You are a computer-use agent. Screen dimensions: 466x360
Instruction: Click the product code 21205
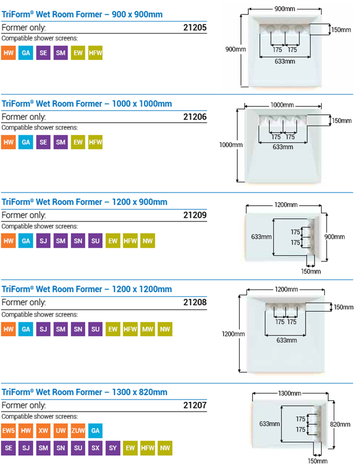pyautogui.click(x=194, y=28)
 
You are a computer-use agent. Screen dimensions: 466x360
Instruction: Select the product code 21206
pyautogui.click(x=194, y=117)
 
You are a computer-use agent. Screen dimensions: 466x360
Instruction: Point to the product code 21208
pyautogui.click(x=194, y=303)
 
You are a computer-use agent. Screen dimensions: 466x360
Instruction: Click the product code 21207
pyautogui.click(x=194, y=405)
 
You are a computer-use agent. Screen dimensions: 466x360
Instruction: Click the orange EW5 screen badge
pyautogui.click(x=8, y=430)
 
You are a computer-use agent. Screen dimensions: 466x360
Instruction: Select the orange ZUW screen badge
pyautogui.click(x=78, y=430)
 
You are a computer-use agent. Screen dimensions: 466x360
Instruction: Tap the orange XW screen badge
pyautogui.click(x=43, y=430)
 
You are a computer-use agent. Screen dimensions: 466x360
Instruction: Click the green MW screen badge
pyautogui.click(x=147, y=330)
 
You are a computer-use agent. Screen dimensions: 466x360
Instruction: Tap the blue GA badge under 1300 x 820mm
pyautogui.click(x=95, y=430)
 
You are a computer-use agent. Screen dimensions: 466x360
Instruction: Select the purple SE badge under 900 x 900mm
pyautogui.click(x=43, y=53)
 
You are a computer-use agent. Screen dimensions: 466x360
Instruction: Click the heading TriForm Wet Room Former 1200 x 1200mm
pyautogui.click(x=87, y=289)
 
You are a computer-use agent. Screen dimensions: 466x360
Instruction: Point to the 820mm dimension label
pyautogui.click(x=340, y=424)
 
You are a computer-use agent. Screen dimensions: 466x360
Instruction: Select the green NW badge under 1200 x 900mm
pyautogui.click(x=147, y=241)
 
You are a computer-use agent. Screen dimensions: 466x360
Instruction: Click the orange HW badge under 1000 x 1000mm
pyautogui.click(x=8, y=142)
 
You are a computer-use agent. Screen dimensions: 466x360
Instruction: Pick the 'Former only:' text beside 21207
pyautogui.click(x=23, y=405)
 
